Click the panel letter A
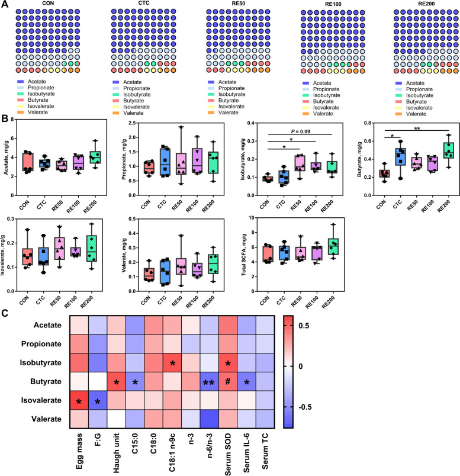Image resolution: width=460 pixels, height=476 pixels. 5,7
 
